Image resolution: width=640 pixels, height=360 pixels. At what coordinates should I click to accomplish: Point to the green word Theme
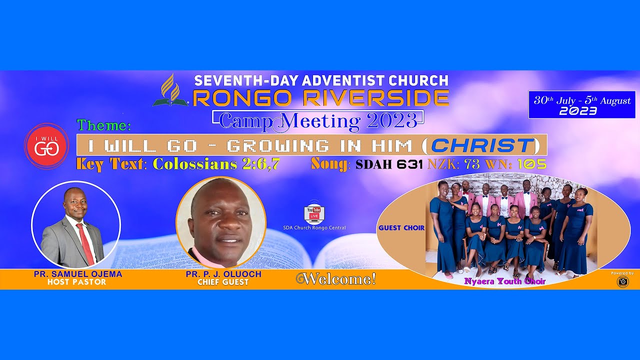[104, 125]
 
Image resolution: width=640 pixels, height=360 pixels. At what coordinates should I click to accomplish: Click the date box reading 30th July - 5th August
[582, 105]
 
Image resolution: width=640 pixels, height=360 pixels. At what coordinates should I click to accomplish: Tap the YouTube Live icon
[314, 214]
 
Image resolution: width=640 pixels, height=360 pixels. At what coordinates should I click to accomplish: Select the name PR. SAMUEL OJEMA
[78, 274]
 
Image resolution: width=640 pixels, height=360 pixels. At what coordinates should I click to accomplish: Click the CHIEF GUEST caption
[223, 282]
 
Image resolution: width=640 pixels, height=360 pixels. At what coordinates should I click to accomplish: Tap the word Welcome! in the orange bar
[336, 279]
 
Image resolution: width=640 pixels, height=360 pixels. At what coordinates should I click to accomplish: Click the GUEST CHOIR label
[401, 228]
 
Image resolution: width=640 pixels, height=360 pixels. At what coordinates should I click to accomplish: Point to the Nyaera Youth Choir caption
[504, 281]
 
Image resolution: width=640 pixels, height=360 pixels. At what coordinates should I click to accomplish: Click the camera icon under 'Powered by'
[622, 281]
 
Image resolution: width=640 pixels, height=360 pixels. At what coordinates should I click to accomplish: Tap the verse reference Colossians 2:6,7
[216, 164]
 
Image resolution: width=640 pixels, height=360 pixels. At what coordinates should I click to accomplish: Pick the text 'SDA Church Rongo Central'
[314, 228]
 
